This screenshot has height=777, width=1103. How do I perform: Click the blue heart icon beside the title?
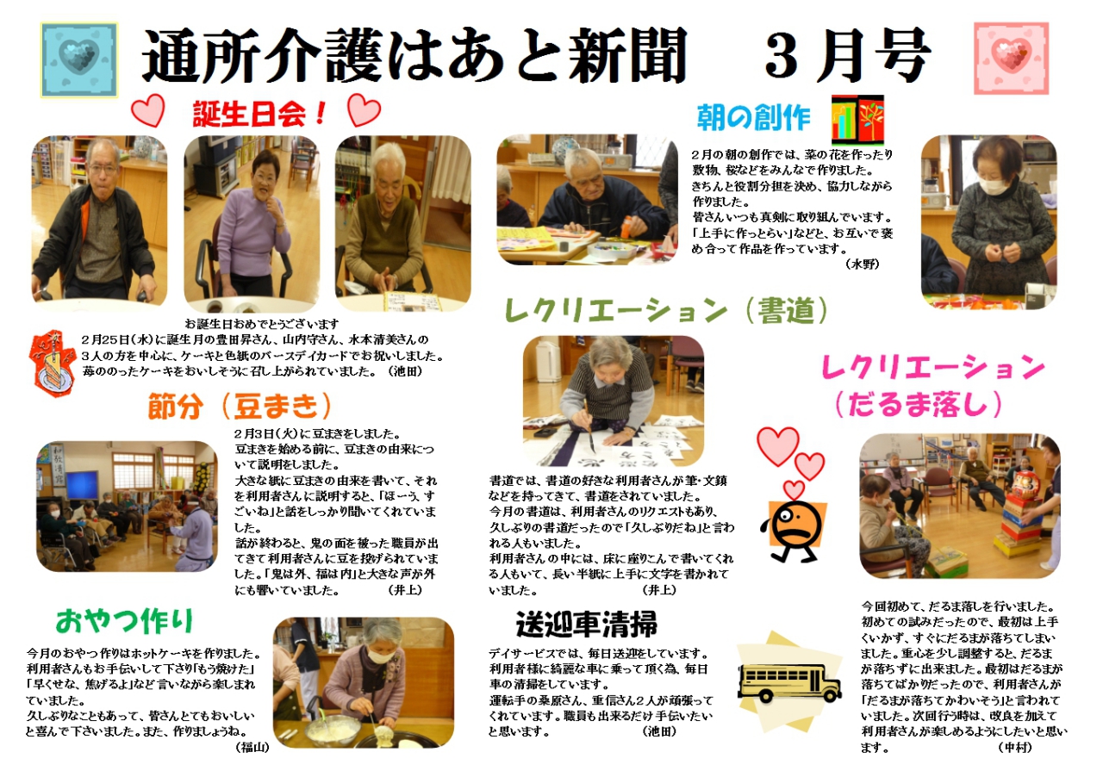point(79,59)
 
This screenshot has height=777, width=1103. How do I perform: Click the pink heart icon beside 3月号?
point(1011,58)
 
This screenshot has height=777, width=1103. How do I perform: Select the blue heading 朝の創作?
point(753,118)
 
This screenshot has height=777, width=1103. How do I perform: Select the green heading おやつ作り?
point(124,620)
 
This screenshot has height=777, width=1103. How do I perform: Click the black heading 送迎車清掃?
point(587,625)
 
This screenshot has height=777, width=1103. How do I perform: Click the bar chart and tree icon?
point(857,120)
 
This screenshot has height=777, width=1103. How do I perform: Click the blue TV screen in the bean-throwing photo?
point(81,486)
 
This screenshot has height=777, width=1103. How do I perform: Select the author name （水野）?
point(863,264)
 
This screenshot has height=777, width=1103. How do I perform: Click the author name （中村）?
point(1015,748)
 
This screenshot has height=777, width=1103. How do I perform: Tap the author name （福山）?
point(252,748)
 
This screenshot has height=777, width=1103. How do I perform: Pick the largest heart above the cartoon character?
point(778,445)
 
